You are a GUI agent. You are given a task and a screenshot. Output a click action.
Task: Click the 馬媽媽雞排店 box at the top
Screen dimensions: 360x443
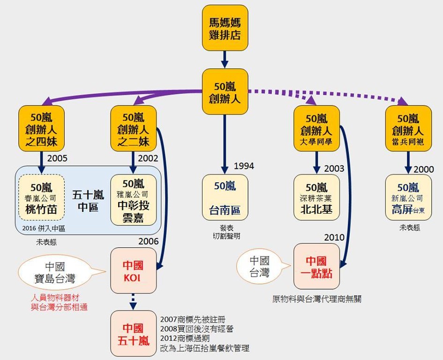click(x=225, y=28)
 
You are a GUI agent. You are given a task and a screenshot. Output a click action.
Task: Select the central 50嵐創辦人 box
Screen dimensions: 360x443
click(x=225, y=92)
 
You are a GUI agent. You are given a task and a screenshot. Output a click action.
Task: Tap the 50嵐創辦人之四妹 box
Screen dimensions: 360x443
click(x=42, y=128)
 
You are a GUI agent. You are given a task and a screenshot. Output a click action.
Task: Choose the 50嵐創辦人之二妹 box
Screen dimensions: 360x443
click(x=133, y=128)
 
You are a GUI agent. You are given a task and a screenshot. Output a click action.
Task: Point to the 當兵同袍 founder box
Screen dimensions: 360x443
click(x=408, y=128)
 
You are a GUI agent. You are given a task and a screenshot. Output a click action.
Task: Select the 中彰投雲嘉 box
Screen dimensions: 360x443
click(x=133, y=200)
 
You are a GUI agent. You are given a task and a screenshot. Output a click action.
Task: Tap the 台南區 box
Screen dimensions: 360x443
click(x=225, y=197)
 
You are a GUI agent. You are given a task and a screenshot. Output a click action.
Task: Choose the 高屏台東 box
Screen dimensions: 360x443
click(x=408, y=197)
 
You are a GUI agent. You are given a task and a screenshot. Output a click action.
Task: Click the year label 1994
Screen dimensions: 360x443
click(x=244, y=166)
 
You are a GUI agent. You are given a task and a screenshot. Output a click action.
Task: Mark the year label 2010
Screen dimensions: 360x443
click(x=334, y=237)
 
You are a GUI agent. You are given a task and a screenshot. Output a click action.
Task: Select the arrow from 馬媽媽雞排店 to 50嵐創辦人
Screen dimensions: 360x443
click(x=225, y=59)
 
